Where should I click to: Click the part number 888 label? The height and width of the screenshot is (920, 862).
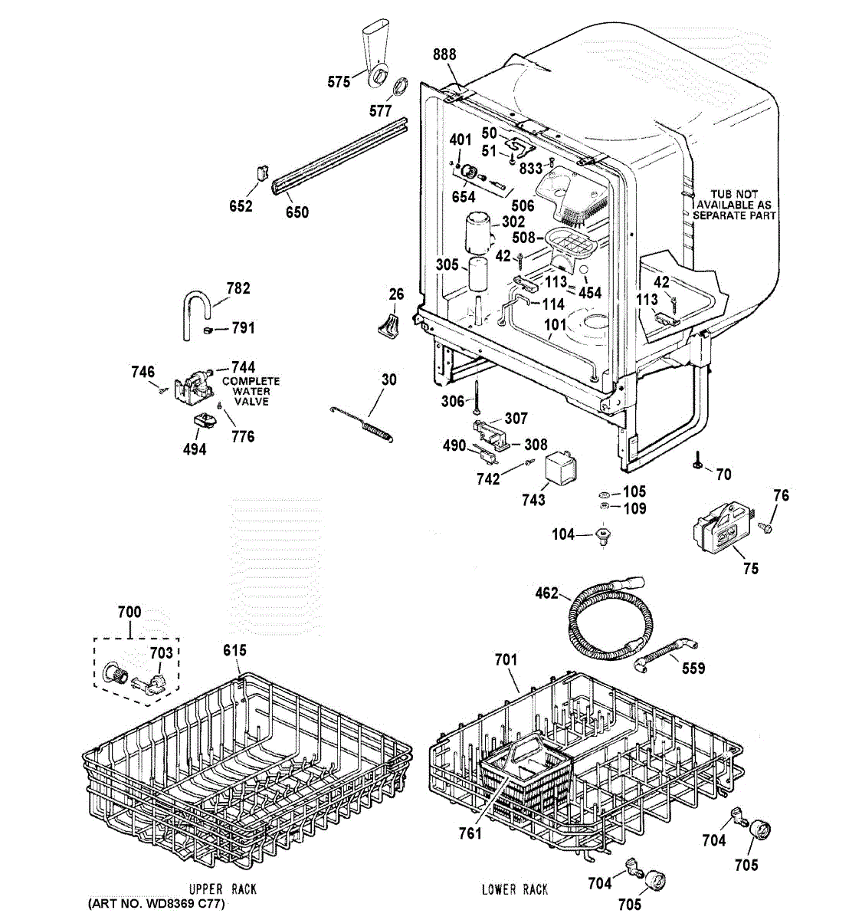coord(444,54)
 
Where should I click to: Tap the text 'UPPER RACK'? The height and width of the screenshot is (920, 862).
coord(223,889)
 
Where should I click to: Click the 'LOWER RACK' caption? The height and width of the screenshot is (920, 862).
coord(514,889)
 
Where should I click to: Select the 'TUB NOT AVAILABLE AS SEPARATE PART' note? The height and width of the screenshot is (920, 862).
coord(734,205)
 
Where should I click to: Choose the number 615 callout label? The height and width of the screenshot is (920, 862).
coord(235,651)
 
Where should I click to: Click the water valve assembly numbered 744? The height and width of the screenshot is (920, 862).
coord(195,383)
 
